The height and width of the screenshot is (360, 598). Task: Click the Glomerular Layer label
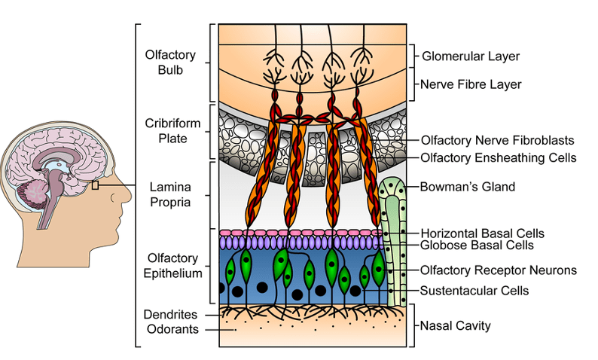471,56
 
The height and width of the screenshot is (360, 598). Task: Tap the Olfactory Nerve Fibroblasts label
499,140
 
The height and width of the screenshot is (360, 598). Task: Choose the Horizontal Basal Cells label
483,233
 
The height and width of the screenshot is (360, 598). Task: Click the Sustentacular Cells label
475,290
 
